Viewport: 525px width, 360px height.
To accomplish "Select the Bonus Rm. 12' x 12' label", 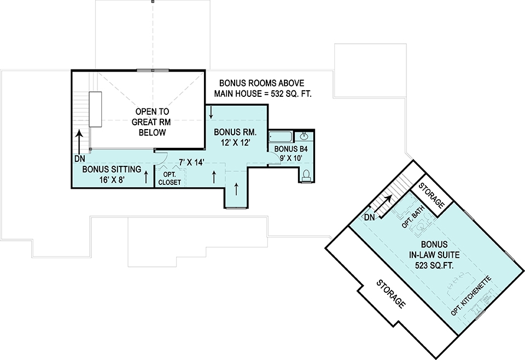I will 235,137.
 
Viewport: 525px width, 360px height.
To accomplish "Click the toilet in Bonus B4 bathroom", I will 306,176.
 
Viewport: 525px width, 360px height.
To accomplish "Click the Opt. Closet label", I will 170,178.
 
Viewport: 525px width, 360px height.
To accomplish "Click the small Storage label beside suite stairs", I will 433,194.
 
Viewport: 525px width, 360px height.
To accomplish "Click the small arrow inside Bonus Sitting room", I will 147,177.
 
